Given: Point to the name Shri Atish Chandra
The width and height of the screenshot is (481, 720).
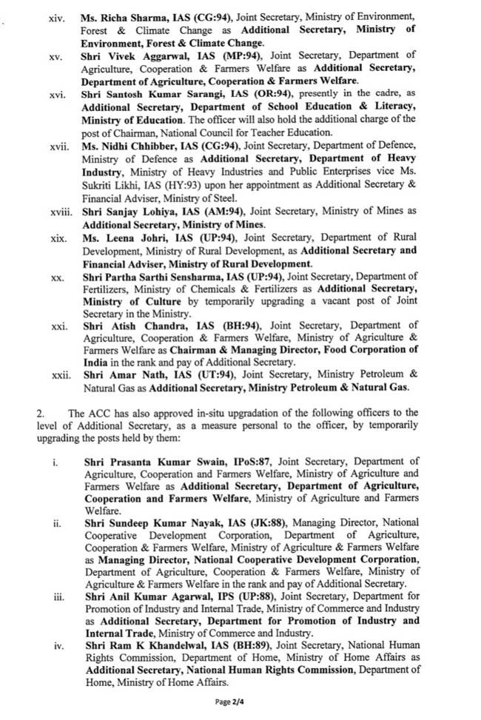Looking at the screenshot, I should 123,326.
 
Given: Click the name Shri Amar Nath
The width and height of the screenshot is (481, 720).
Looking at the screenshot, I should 115,375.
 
